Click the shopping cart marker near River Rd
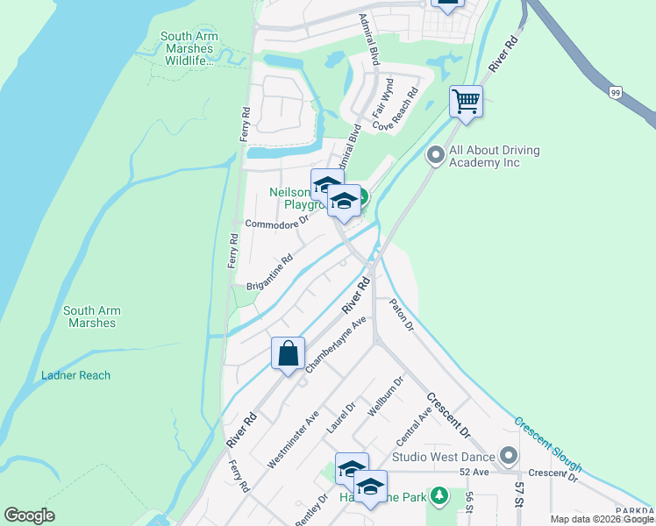[466, 101]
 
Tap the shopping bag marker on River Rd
[288, 354]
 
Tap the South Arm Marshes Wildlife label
[189, 48]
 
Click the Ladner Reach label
[76, 375]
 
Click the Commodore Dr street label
[277, 223]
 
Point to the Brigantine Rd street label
[269, 273]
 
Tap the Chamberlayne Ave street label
[334, 345]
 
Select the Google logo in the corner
[29, 515]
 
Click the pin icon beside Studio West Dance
[509, 456]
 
